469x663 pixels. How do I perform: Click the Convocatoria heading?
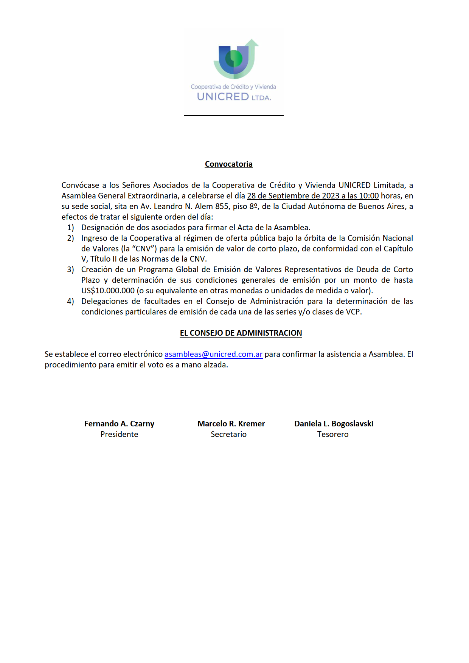click(x=228, y=164)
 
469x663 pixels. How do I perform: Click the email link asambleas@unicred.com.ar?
click(x=213, y=354)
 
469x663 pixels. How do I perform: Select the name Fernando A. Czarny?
click(x=119, y=424)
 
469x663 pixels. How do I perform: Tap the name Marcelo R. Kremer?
click(x=231, y=424)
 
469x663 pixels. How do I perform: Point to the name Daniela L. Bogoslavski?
click(x=334, y=424)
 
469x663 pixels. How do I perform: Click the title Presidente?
click(x=119, y=434)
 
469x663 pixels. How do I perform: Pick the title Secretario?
click(x=228, y=434)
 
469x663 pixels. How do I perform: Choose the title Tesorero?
click(x=333, y=434)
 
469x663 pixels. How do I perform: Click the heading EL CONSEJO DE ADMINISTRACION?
click(x=241, y=333)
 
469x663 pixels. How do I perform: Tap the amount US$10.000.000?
click(x=108, y=291)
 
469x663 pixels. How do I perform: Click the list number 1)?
click(x=71, y=228)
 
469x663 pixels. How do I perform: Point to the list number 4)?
click(x=71, y=301)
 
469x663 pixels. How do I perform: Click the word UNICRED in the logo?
click(x=223, y=97)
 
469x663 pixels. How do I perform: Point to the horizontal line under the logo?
click(x=233, y=115)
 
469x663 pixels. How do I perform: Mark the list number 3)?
click(x=71, y=270)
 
